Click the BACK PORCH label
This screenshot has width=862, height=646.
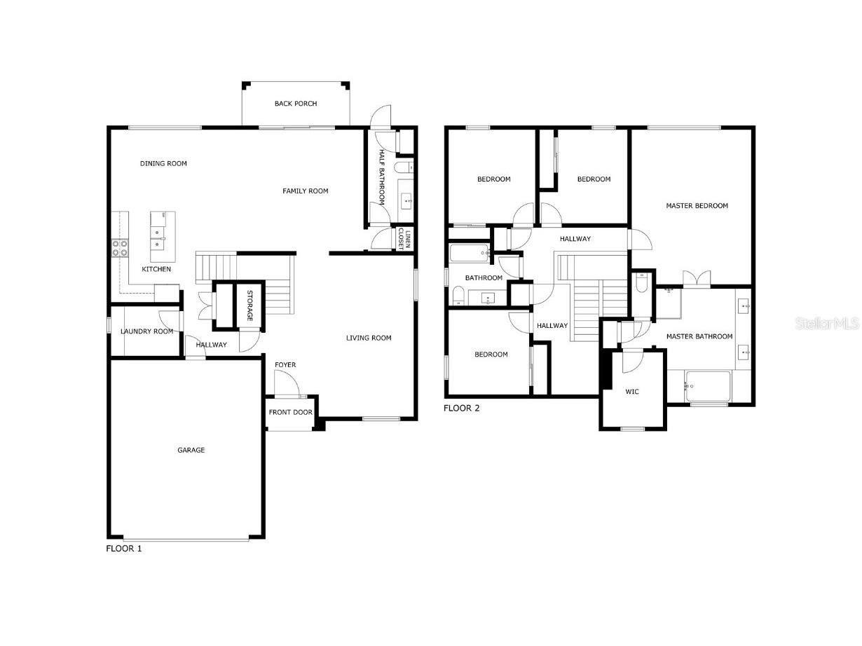pos(295,104)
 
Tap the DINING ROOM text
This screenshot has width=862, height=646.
pos(163,164)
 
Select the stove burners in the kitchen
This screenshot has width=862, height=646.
pos(120,247)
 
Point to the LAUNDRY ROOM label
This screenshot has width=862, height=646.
pos(146,331)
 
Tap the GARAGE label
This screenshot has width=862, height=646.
pos(191,451)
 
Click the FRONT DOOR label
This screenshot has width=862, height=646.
pos(290,413)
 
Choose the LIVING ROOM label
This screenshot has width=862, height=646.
pos(369,338)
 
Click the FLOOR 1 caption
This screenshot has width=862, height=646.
pos(123,549)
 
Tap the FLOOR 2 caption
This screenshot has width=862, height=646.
pos(462,408)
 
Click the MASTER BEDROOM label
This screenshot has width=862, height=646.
pos(697,206)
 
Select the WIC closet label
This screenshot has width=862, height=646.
pos(632,392)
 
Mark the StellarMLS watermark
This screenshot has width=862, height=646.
pos(833,324)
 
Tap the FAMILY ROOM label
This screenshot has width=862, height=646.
pos(306,191)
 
